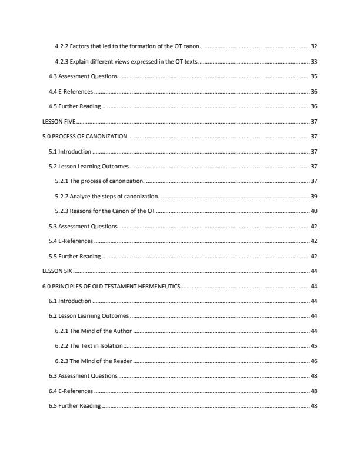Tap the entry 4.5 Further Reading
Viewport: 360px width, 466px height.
[x=75, y=106]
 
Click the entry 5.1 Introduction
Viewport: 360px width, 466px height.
[x=69, y=152]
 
